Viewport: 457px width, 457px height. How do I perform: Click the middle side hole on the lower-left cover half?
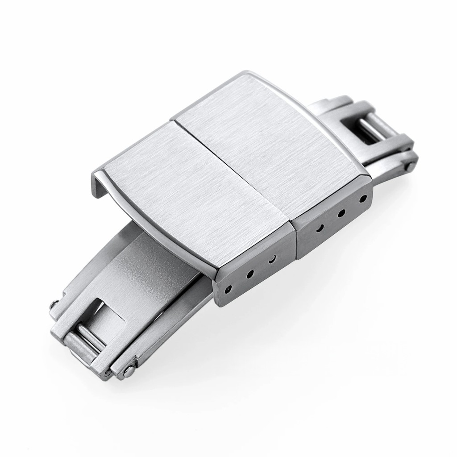tap(250, 273)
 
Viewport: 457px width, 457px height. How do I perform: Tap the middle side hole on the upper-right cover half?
tap(341, 213)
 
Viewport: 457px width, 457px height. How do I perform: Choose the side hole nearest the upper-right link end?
tap(363, 197)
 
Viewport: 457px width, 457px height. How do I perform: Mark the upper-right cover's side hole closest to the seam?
tap(320, 228)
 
